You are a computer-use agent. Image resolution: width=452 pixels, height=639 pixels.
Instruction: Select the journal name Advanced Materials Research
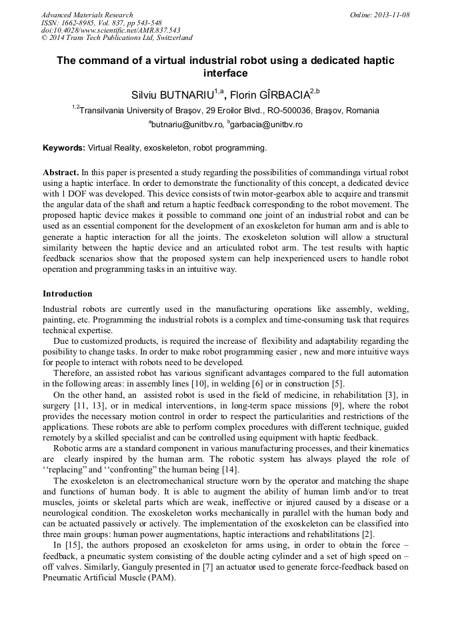pos(87,15)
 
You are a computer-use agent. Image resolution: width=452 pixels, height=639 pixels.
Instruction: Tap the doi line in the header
pos(111,31)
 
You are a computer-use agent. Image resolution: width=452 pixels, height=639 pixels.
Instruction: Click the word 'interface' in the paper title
pos(225,73)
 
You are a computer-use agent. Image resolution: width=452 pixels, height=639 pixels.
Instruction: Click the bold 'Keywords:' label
pos(64,148)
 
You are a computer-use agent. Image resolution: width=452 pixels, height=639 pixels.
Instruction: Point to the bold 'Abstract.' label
pos(61,172)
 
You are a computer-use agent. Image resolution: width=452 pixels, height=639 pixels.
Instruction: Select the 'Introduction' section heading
pos(67,294)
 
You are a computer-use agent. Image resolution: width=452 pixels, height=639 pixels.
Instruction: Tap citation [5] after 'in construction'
pos(338,384)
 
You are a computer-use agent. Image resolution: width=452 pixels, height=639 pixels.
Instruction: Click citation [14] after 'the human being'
pos(211,470)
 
